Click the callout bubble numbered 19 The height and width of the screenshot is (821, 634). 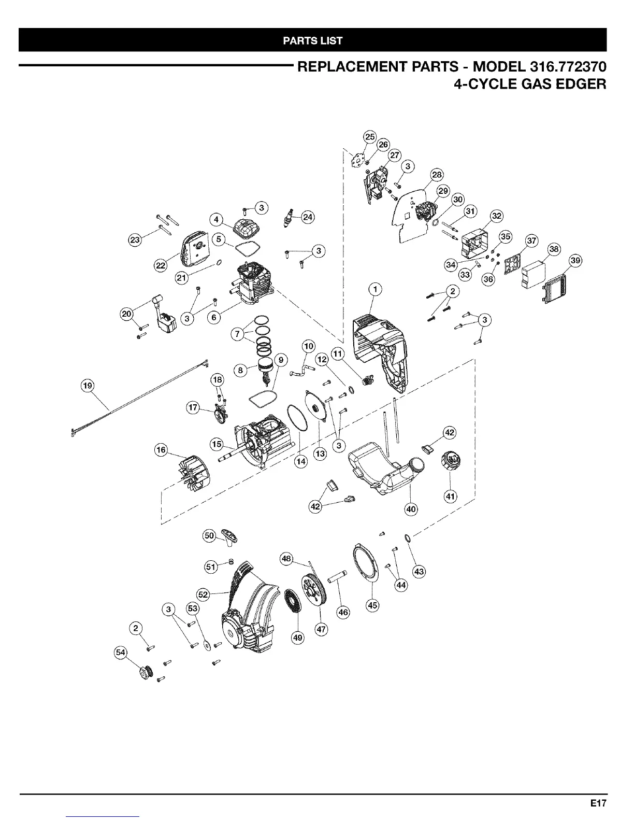(88, 385)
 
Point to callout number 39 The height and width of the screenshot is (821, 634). (575, 261)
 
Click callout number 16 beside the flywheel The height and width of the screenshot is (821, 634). (162, 450)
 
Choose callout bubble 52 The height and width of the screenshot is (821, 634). (204, 594)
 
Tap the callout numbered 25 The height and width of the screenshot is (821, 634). (369, 137)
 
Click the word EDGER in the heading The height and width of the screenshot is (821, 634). (577, 84)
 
